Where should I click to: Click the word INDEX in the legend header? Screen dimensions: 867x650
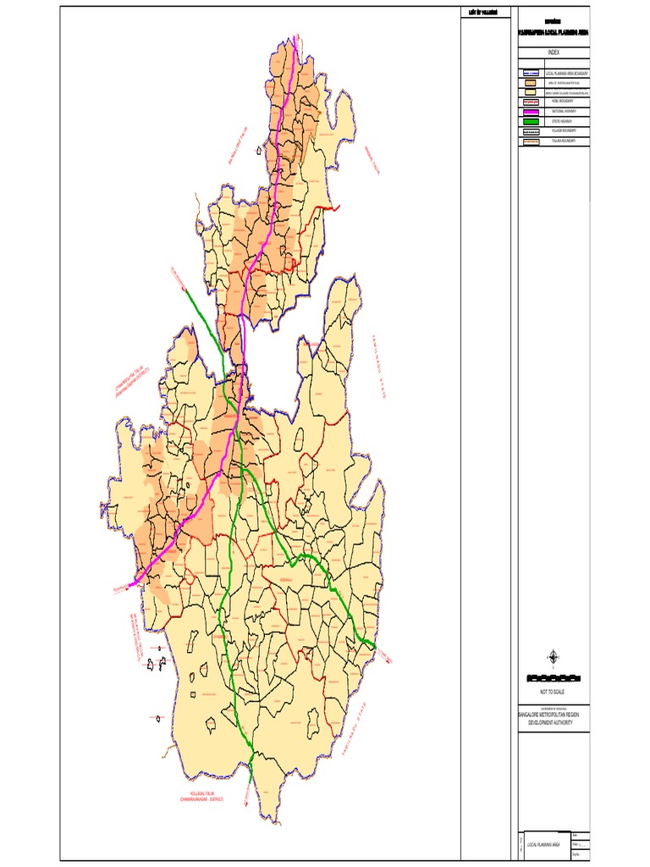click(x=553, y=52)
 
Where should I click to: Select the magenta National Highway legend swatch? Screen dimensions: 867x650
click(x=531, y=112)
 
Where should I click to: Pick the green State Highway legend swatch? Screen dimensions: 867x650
click(x=531, y=121)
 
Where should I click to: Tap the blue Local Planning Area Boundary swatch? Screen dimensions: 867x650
click(x=531, y=75)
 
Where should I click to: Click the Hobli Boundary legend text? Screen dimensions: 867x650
click(x=567, y=102)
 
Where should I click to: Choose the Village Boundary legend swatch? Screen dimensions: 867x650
click(x=531, y=131)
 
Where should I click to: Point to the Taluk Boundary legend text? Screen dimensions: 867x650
click(x=566, y=141)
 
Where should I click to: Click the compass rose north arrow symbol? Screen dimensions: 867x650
click(x=553, y=657)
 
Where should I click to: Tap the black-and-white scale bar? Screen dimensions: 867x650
click(x=553, y=678)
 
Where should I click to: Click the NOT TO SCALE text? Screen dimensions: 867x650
click(x=553, y=692)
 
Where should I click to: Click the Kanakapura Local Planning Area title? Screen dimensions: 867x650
click(x=553, y=31)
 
